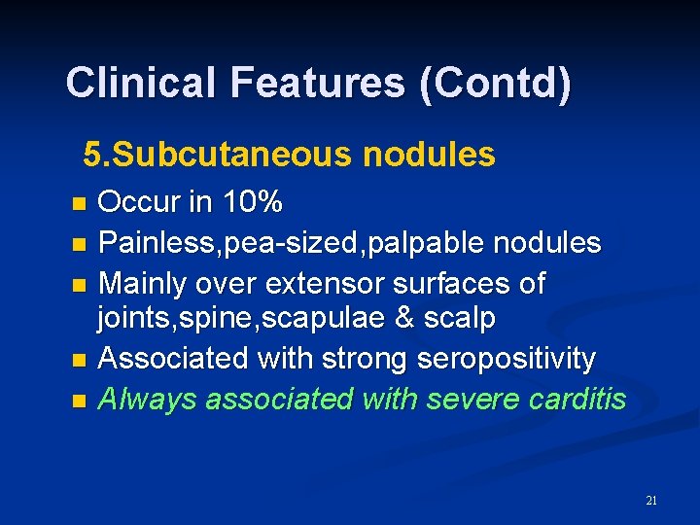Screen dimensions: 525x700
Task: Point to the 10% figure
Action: (252, 203)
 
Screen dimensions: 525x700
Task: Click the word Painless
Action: (158, 242)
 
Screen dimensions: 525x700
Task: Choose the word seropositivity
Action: (506, 359)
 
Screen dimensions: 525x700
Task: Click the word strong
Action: (366, 359)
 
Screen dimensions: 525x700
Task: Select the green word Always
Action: (143, 398)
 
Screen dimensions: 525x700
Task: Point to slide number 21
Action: (651, 501)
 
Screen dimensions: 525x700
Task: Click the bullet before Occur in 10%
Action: (80, 204)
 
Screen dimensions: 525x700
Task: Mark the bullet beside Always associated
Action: (80, 400)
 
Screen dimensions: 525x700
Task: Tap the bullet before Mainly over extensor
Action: (80, 285)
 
